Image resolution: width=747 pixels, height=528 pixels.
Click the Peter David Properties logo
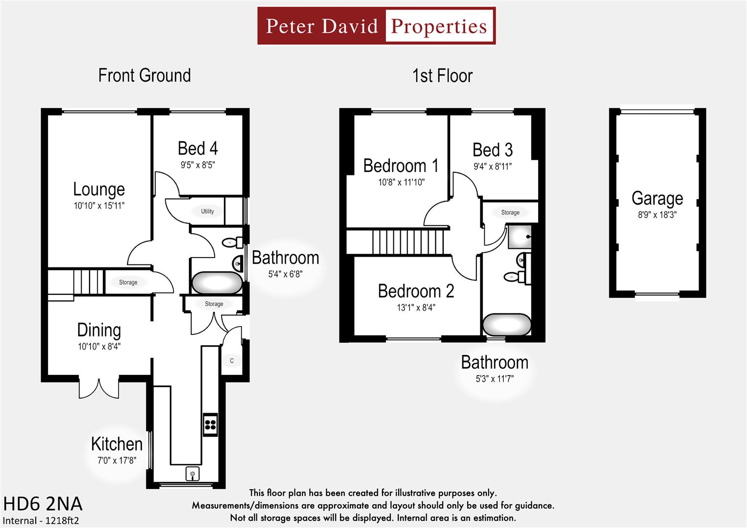tap(376, 26)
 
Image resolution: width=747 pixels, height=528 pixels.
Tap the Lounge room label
tap(99, 189)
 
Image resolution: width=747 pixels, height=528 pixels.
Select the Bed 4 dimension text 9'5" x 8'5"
tap(198, 165)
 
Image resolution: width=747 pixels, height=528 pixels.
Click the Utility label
tap(207, 211)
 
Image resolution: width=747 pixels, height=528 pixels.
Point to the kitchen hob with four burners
tap(210, 424)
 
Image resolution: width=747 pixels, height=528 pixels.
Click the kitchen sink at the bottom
tap(193, 474)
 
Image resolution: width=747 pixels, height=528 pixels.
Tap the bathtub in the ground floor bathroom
tap(217, 283)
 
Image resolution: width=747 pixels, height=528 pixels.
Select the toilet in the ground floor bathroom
tap(230, 242)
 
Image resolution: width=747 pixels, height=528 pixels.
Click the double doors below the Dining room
tap(99, 387)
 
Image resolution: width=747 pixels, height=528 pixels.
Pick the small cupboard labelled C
tap(232, 361)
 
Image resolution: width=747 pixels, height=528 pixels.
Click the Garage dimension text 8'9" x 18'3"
tap(657, 215)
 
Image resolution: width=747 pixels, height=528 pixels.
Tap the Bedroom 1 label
tap(400, 166)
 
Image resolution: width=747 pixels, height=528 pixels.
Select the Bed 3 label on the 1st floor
tap(493, 150)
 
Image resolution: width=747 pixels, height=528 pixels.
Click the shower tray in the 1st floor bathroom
tap(520, 237)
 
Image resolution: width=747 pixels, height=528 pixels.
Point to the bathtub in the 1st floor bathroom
tap(507, 324)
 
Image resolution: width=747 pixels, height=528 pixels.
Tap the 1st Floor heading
tap(442, 76)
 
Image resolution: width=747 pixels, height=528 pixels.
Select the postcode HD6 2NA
tap(43, 504)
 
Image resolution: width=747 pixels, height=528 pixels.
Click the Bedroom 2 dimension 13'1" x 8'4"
tap(416, 308)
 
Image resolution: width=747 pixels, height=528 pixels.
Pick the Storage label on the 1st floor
tap(510, 213)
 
